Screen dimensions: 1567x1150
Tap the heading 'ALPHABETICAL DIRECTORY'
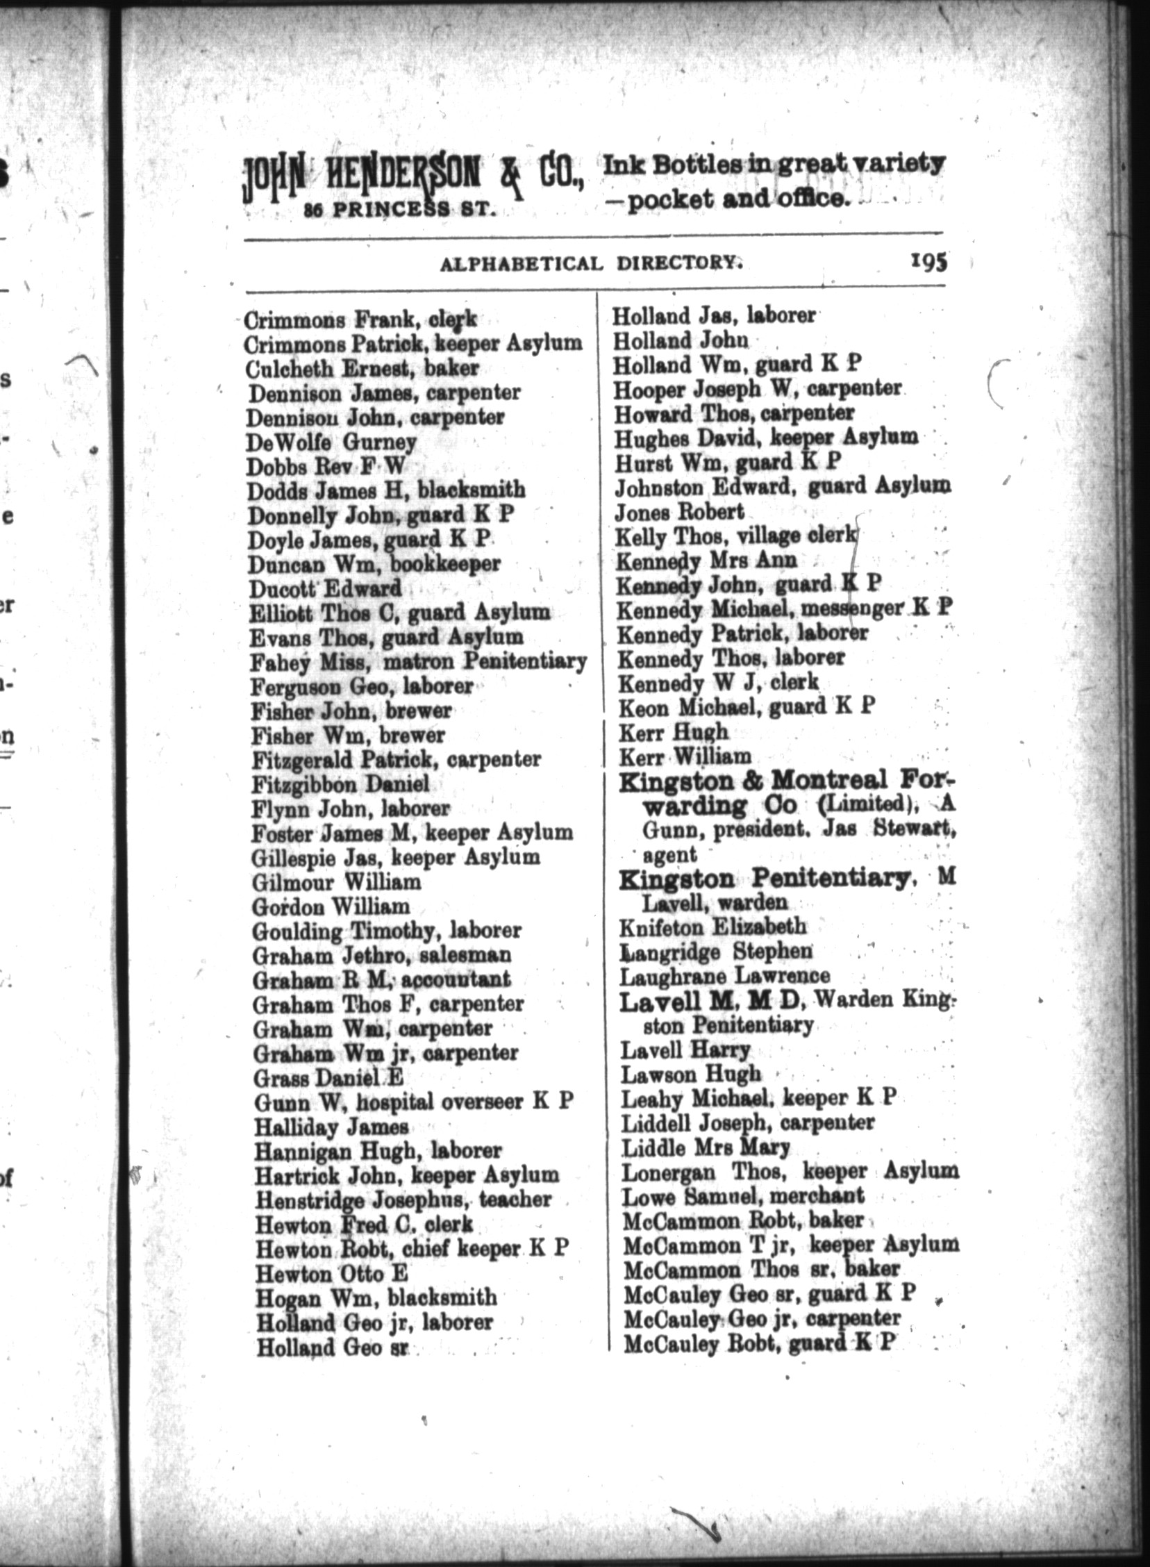pos(588,263)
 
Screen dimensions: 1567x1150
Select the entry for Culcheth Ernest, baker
pos(362,368)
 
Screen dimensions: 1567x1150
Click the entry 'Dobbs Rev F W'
pos(326,466)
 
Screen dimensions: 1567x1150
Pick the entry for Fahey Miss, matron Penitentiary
pos(417,661)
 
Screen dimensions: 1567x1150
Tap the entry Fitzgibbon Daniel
pos(340,785)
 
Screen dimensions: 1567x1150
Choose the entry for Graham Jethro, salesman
pos(382,955)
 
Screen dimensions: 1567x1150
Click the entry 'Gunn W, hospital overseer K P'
pos(413,1102)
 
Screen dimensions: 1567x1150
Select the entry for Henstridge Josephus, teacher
pos(403,1200)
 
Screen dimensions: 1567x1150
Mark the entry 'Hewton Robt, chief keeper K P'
pos(412,1248)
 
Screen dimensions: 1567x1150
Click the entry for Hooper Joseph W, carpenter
pos(757,388)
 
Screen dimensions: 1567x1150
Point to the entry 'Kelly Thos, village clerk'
pos(736,536)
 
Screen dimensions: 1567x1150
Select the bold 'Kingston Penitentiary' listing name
pos(765,879)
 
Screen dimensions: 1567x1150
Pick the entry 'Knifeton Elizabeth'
pos(712,927)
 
